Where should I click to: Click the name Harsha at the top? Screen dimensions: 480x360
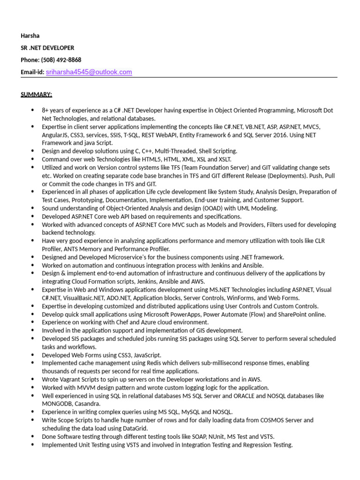(x=30, y=36)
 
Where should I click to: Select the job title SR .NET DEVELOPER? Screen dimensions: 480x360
(x=47, y=48)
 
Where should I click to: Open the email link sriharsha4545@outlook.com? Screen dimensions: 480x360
(x=89, y=72)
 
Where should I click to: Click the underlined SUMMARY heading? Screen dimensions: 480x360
(x=36, y=94)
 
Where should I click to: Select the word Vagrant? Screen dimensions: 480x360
(x=71, y=379)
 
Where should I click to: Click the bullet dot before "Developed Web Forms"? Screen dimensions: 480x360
(x=32, y=355)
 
